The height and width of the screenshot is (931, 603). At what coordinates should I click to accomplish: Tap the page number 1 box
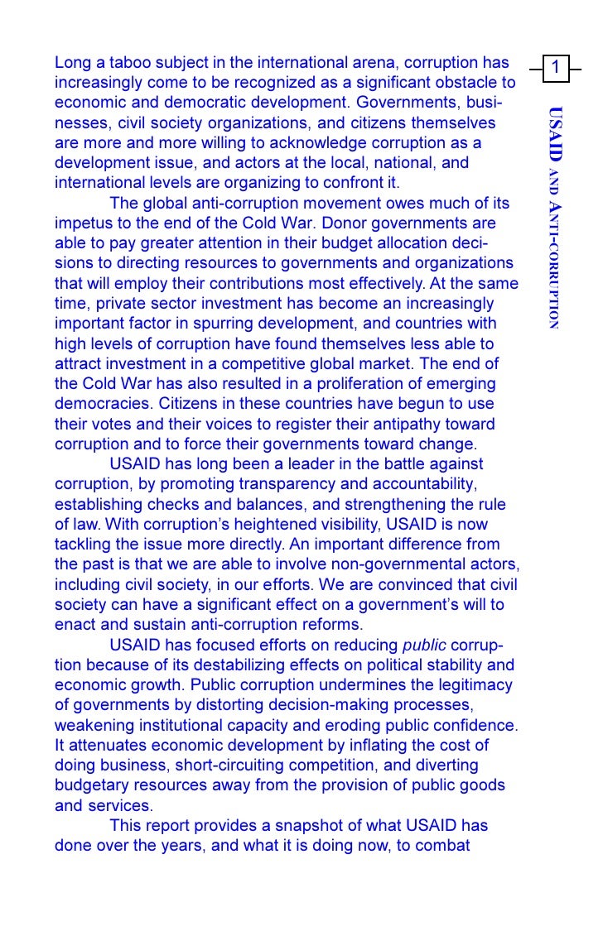pyautogui.click(x=558, y=67)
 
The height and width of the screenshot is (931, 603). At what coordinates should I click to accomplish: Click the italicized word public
pyautogui.click(x=424, y=645)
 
